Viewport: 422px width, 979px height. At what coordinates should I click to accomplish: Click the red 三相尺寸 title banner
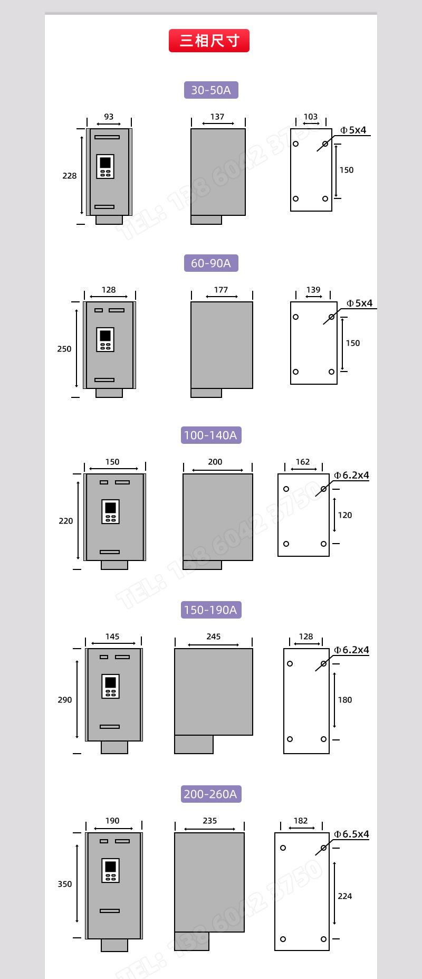point(209,41)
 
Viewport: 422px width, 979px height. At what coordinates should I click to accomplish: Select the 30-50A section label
point(211,90)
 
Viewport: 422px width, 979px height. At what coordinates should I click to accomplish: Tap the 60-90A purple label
point(211,263)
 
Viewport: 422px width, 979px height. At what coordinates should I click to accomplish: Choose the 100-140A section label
point(211,435)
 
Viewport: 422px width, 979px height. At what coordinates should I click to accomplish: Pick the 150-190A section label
point(211,610)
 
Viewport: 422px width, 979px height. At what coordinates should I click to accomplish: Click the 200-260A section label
point(211,794)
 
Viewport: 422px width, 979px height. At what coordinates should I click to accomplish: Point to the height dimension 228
point(69,176)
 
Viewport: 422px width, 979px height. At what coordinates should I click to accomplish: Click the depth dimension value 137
point(217,117)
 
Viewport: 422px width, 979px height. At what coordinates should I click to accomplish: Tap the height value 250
point(64,349)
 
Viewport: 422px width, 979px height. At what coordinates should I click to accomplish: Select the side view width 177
point(221,290)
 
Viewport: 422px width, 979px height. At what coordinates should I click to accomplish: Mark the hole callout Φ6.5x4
point(351,834)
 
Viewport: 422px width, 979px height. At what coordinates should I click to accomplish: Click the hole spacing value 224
point(344,896)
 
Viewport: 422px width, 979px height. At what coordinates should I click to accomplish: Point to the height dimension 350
point(64,883)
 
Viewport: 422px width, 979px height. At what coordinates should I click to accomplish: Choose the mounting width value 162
point(303,462)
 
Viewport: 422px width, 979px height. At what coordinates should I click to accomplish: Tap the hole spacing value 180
point(344,700)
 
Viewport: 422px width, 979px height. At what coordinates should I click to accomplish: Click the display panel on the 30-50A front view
point(105,166)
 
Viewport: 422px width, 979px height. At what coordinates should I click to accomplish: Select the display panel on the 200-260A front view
point(110,870)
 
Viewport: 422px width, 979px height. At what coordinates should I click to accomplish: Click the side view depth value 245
point(214,636)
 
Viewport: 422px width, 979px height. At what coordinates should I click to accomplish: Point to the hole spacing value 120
point(344,515)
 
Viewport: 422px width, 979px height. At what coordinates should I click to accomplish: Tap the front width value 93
point(109,117)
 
